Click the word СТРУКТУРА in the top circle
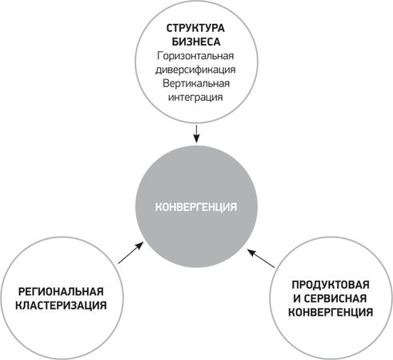[195, 28]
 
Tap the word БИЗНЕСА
[196, 42]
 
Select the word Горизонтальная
[195, 56]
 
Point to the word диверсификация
[195, 70]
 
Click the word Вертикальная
[196, 83]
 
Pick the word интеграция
[195, 97]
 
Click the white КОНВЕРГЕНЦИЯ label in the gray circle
[196, 207]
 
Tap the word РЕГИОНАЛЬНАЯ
[61, 292]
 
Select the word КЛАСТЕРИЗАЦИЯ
[61, 306]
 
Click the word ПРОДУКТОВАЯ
[331, 285]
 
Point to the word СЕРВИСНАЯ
[335, 298]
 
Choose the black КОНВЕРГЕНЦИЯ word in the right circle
[331, 312]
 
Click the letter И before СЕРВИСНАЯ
[297, 298]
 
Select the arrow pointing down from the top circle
[196, 134]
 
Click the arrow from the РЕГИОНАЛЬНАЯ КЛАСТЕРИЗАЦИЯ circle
[130, 253]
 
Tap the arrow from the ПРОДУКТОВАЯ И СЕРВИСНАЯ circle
[261, 258]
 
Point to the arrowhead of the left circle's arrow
[139, 246]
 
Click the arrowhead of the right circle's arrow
[251, 252]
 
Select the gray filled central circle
[197, 206]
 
